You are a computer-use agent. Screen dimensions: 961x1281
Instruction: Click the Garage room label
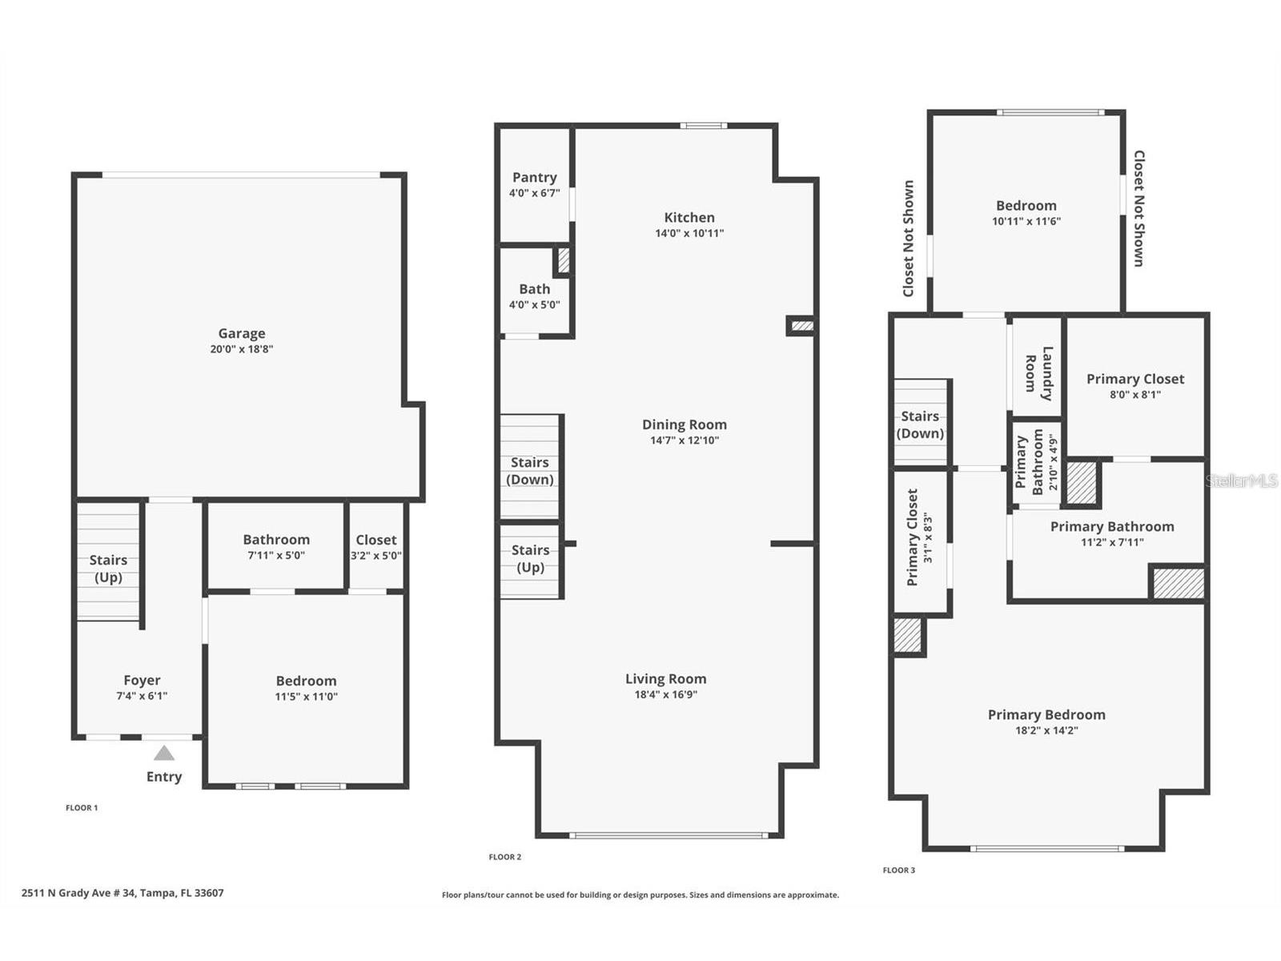pyautogui.click(x=242, y=334)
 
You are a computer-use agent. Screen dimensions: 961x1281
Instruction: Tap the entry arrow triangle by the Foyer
pyautogui.click(x=164, y=753)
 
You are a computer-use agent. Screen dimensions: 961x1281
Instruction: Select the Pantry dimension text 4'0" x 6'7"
pyautogui.click(x=534, y=193)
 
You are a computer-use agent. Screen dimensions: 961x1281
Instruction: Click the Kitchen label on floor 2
pyautogui.click(x=689, y=218)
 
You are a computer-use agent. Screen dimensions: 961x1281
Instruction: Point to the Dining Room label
pyautogui.click(x=685, y=425)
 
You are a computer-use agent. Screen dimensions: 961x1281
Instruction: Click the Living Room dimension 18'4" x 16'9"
pyautogui.click(x=665, y=694)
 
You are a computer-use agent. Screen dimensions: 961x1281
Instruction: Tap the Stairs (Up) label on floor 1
pyautogui.click(x=108, y=569)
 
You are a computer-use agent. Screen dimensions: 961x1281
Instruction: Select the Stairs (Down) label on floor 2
pyautogui.click(x=530, y=471)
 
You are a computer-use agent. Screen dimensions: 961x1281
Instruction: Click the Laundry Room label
pyautogui.click(x=1038, y=373)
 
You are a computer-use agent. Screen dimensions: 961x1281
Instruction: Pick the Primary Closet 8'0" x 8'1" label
pyautogui.click(x=1134, y=385)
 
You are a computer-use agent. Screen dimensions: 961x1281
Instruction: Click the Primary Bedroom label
pyautogui.click(x=1046, y=715)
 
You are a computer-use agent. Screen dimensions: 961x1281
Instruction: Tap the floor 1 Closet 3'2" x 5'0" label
pyautogui.click(x=375, y=547)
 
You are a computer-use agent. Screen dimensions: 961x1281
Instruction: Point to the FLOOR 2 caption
pyautogui.click(x=504, y=857)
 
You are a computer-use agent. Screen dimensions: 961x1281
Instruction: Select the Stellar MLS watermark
pyautogui.click(x=1242, y=480)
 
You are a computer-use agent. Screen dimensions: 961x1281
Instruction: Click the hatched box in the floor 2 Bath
pyautogui.click(x=564, y=260)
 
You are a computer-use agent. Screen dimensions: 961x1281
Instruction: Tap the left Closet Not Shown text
pyautogui.click(x=908, y=239)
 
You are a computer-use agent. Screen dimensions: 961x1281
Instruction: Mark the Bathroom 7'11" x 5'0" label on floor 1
pyautogui.click(x=276, y=547)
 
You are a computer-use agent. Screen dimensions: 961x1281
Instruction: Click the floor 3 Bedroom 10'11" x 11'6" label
pyautogui.click(x=1026, y=213)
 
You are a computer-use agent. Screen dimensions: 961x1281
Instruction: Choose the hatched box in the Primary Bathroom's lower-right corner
pyautogui.click(x=1178, y=583)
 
